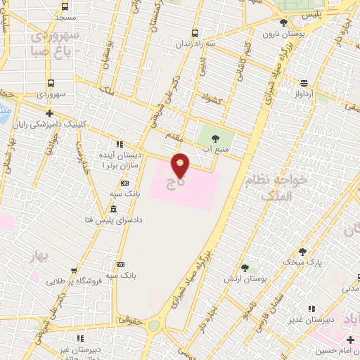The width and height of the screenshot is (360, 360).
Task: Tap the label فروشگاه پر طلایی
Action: pyautogui.click(x=75, y=280)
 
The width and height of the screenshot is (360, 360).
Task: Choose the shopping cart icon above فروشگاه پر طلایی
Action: pyautogui.click(x=75, y=270)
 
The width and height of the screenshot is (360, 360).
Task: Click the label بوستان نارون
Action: pyautogui.click(x=281, y=33)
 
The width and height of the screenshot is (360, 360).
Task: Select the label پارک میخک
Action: pyautogui.click(x=307, y=262)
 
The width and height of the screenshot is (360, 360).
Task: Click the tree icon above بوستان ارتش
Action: pyautogui.click(x=245, y=267)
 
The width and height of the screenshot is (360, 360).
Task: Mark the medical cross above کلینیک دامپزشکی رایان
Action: pyautogui.click(x=49, y=113)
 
